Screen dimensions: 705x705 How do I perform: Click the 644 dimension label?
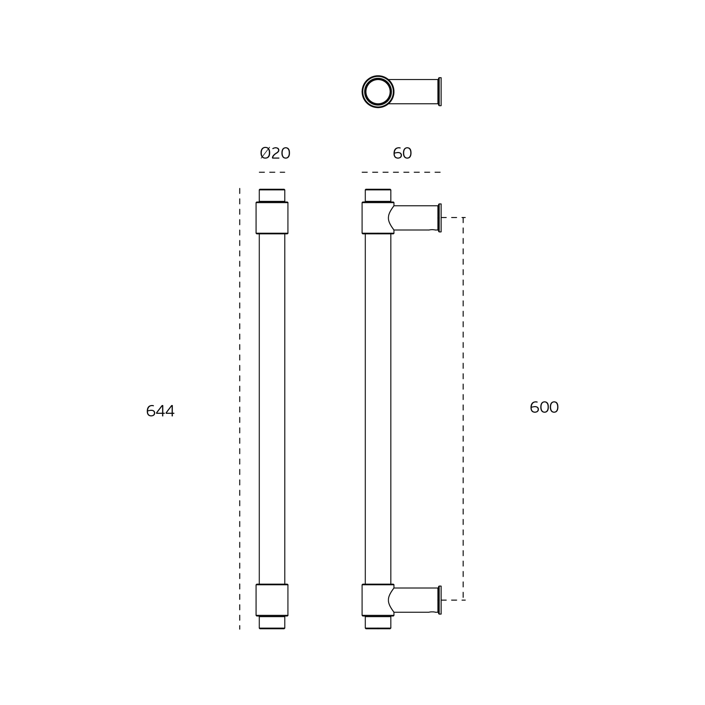point(160,411)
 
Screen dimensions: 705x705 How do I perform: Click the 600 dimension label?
point(544,407)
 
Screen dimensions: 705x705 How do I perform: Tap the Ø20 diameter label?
point(275,153)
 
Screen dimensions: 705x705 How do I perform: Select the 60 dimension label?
point(402,153)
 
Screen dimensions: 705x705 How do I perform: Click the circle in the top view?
point(378,76)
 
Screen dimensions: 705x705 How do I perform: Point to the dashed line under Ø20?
point(272,172)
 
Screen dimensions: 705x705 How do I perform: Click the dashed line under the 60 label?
point(401,172)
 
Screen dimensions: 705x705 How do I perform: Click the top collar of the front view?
point(272,218)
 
